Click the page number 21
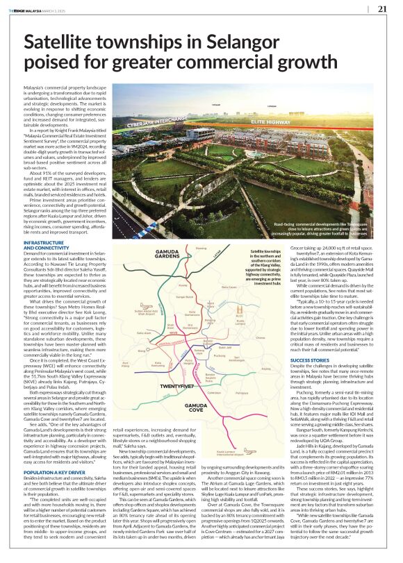[382, 9]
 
